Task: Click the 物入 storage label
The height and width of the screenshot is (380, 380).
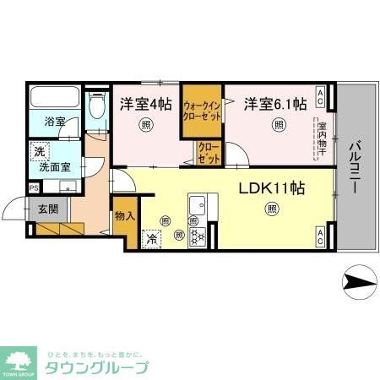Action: click(x=124, y=216)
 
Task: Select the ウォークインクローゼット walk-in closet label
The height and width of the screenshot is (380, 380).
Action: click(x=203, y=112)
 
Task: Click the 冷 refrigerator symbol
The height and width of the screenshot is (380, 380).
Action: click(x=152, y=239)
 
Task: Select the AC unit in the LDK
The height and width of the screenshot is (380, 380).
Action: click(x=322, y=236)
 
